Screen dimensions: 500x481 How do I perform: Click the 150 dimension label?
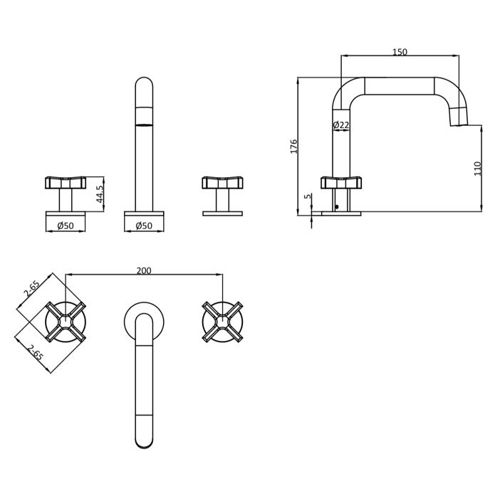point(400,52)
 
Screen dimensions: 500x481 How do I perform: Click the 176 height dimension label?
point(293,146)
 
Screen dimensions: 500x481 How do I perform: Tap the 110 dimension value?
point(477,169)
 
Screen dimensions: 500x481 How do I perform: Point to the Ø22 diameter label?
point(341,125)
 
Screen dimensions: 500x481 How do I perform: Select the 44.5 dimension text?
point(100,194)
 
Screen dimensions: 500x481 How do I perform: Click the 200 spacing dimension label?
point(144,270)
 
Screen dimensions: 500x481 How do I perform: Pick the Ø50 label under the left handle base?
point(66,226)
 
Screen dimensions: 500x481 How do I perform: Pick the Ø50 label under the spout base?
point(144,226)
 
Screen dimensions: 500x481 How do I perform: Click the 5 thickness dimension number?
point(308,196)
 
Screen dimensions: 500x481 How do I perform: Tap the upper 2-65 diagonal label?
point(31,288)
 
